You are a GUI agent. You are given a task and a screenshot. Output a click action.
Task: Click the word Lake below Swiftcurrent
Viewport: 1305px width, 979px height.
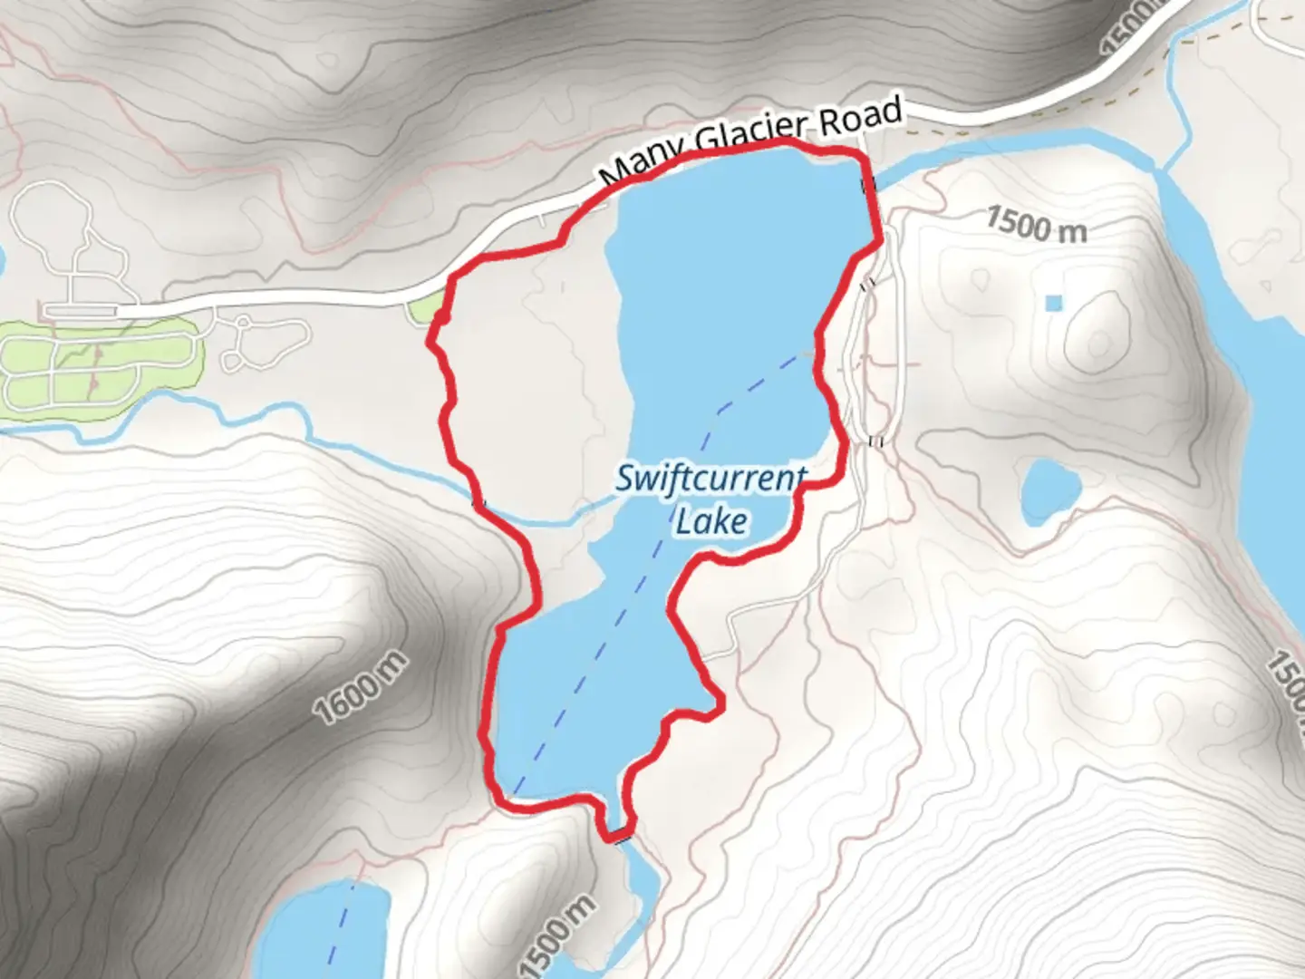(711, 521)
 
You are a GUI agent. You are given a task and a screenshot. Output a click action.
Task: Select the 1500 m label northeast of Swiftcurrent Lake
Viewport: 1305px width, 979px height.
(1035, 224)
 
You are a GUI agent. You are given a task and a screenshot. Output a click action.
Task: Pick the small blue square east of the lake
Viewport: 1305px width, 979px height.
(1052, 303)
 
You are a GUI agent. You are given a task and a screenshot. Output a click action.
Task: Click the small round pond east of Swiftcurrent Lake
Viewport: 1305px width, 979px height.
(1050, 491)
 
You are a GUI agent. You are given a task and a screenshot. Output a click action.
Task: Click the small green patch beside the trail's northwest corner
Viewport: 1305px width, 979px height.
(422, 309)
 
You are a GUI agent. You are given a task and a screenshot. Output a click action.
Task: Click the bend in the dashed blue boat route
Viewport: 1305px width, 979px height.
(720, 411)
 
